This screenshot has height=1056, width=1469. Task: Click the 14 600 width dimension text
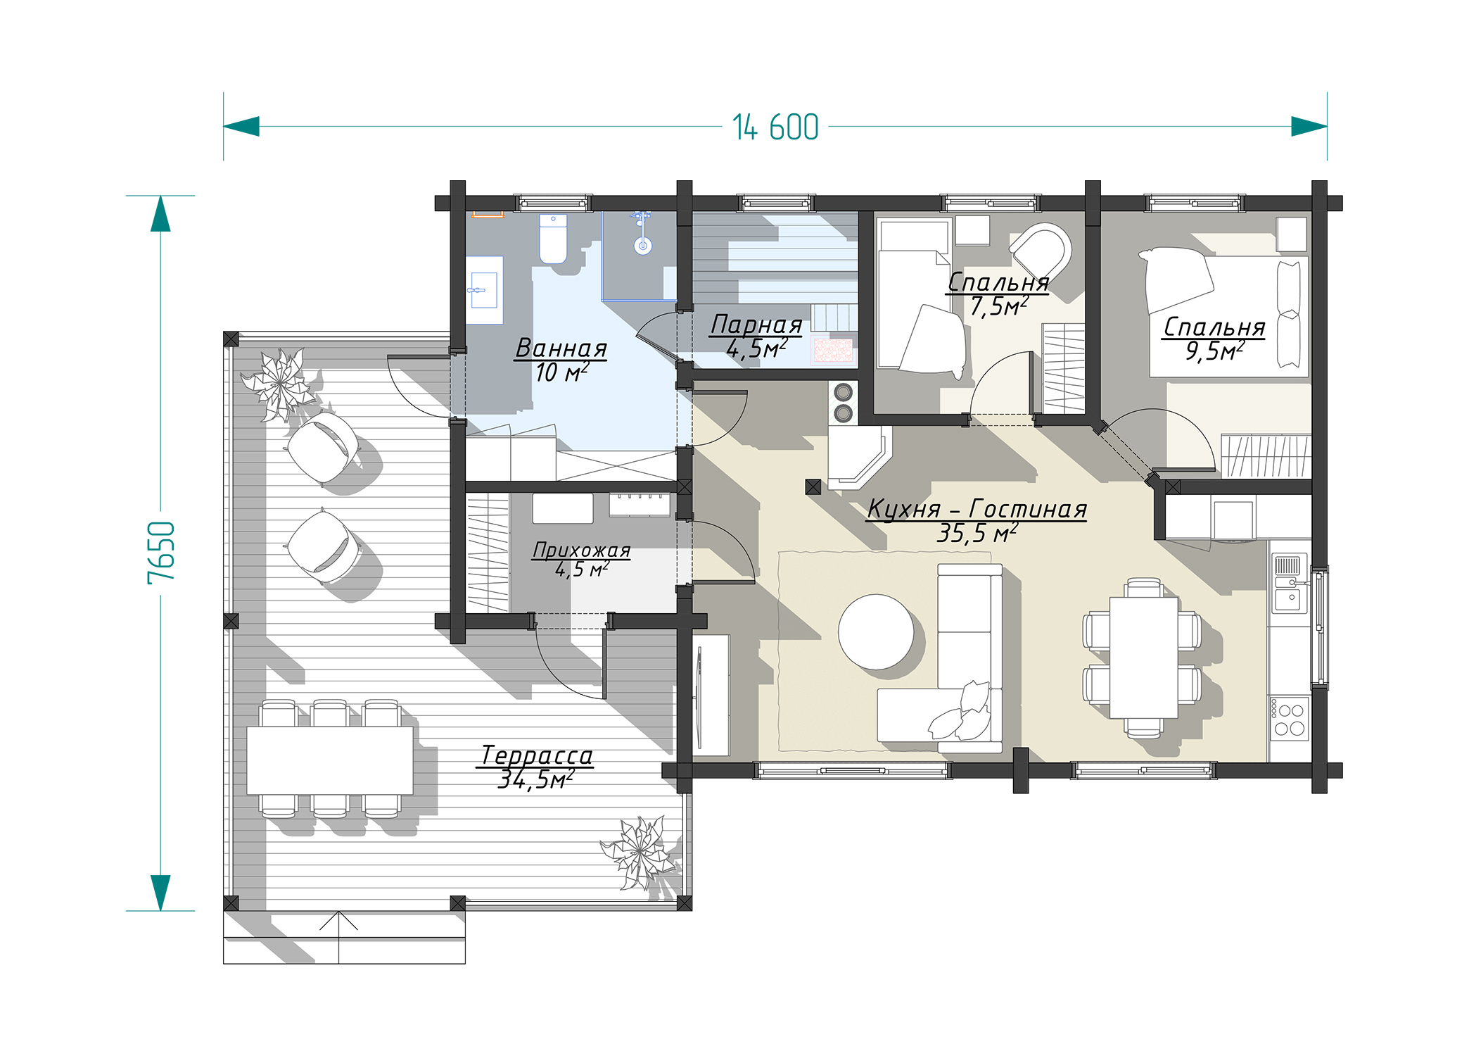tap(775, 127)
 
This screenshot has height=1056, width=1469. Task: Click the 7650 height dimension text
tap(161, 553)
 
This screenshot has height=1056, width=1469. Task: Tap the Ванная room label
tap(561, 348)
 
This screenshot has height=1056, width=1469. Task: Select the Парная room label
tap(756, 325)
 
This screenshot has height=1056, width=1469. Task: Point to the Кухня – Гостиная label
tap(977, 508)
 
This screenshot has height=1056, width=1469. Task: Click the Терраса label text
tap(537, 755)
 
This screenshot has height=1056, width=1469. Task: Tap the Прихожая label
tap(581, 550)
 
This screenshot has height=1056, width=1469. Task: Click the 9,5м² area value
tap(1214, 351)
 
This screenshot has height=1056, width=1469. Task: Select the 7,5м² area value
tap(999, 306)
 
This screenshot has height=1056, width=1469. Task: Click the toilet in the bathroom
tap(553, 239)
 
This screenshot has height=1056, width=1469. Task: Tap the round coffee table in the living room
tap(876, 631)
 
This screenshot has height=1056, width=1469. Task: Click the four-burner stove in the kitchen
tap(1290, 718)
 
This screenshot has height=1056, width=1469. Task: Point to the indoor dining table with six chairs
tap(1143, 658)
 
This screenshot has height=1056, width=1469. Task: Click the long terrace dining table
tap(329, 760)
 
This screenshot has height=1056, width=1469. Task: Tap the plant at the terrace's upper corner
tap(280, 384)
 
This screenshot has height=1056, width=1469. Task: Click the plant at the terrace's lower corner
tap(641, 852)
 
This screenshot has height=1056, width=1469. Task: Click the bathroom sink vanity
tap(484, 290)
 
